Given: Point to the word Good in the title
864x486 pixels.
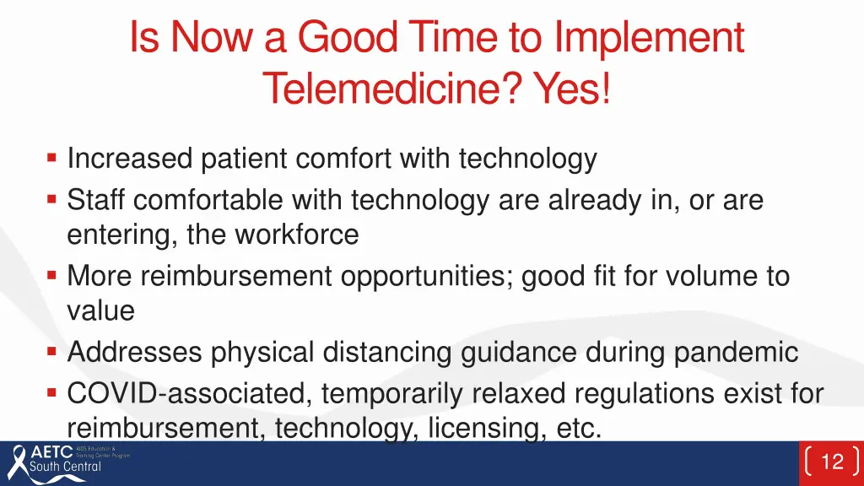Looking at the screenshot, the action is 348,37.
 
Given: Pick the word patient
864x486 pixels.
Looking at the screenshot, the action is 244,159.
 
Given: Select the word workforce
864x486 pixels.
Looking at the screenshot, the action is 297,235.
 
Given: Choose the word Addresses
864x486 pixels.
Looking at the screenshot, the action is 134,352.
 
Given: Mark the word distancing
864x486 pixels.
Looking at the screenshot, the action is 386,353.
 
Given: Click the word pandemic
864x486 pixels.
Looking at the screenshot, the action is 736,353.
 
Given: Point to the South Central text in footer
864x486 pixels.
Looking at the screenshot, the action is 65,466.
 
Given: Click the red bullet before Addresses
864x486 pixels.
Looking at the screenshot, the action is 51,351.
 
